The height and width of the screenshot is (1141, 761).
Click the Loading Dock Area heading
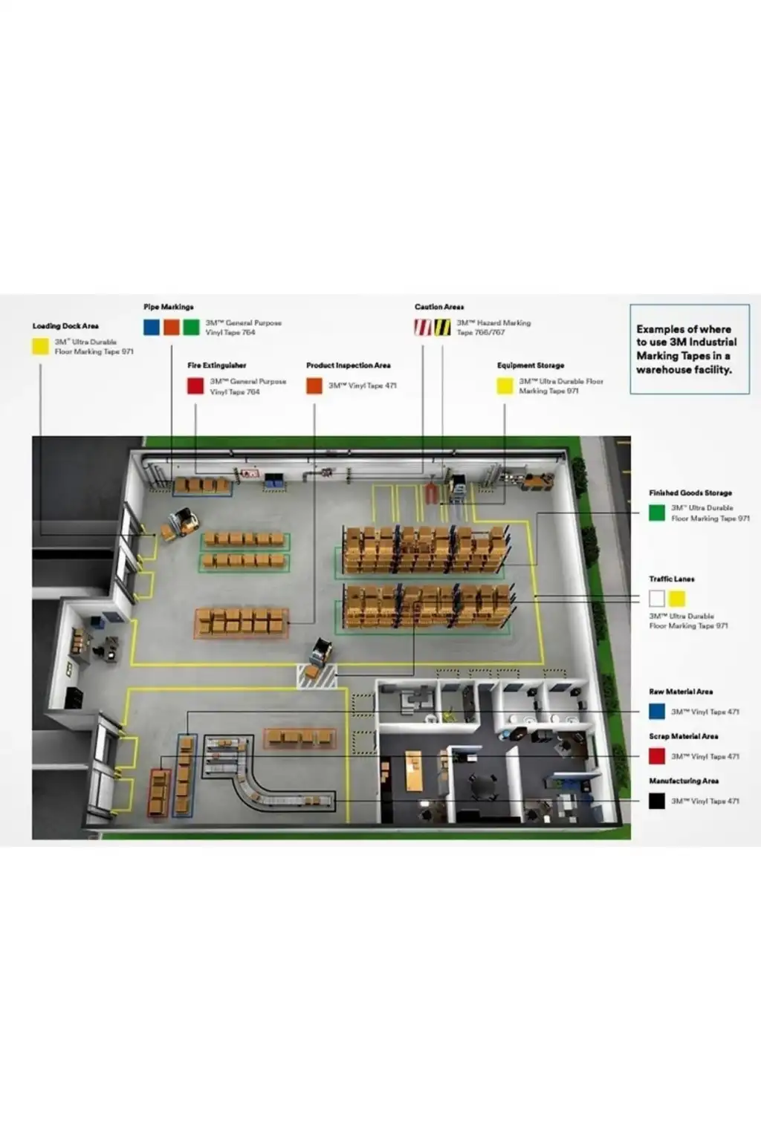pos(65,326)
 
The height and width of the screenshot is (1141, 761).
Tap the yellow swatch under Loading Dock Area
pos(41,346)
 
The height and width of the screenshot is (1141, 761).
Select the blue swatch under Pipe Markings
pos(152,327)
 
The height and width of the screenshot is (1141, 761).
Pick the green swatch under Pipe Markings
pos(192,327)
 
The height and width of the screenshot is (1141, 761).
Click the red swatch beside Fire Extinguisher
pos(195,386)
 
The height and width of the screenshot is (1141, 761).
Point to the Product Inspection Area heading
pos(348,365)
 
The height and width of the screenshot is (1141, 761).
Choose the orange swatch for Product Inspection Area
pos(314,386)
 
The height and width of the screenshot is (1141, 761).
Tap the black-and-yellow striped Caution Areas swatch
pos(442,327)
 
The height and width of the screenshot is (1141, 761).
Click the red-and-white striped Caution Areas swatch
pos(423,327)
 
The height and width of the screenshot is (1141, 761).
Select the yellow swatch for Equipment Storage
pos(505,386)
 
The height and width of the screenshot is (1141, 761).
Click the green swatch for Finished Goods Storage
pos(657,513)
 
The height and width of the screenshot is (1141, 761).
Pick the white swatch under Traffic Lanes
pos(657,598)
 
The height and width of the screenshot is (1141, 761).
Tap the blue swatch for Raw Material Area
pos(657,712)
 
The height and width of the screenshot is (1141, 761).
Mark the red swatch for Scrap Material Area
pos(657,756)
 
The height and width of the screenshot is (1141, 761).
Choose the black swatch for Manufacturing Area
pos(657,801)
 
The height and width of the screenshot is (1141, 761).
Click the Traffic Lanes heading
pos(672,579)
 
